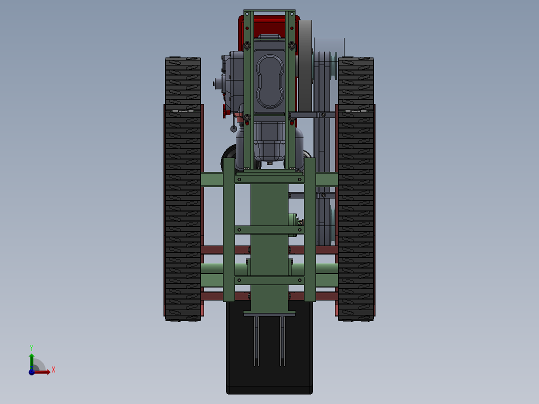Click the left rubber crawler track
[x=183, y=189]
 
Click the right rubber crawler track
[x=356, y=189]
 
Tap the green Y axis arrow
[x=31, y=361]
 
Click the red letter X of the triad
[x=53, y=369]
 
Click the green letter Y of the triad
[x=31, y=347]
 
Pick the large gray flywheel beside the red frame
[x=305, y=65]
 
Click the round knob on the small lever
[x=233, y=129]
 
